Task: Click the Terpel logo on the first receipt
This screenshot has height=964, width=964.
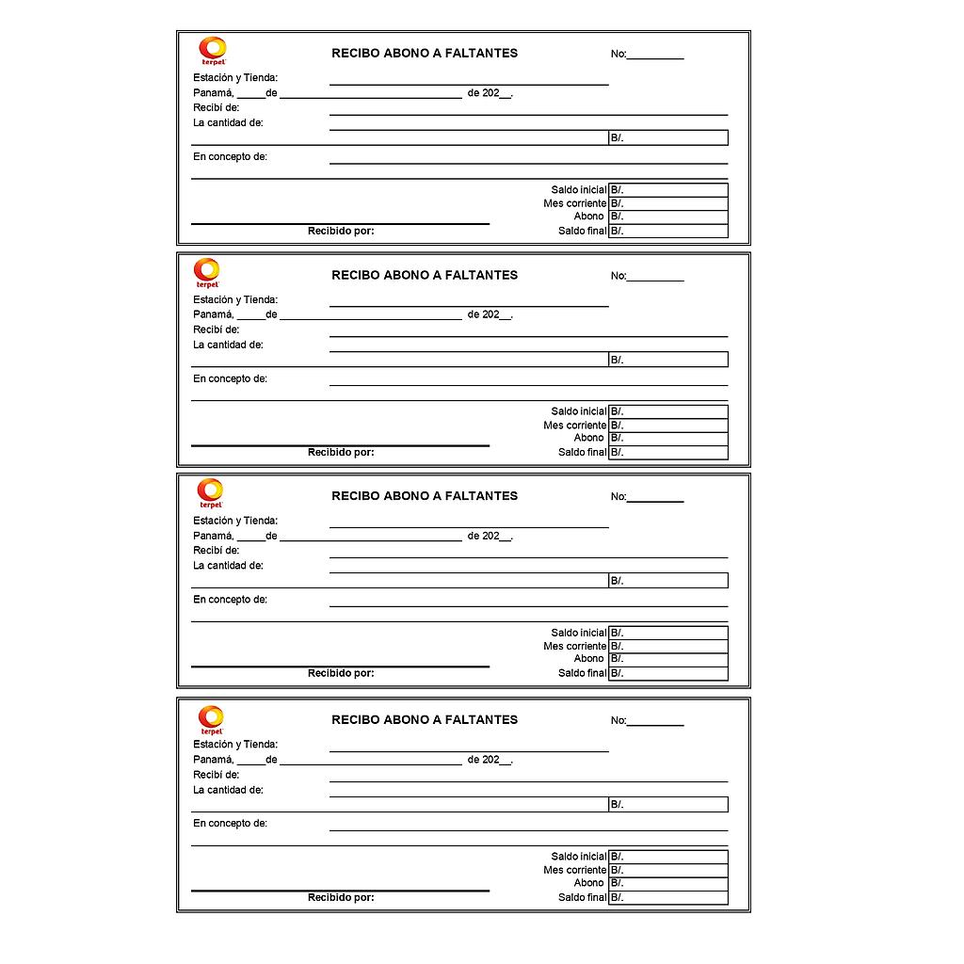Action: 212,50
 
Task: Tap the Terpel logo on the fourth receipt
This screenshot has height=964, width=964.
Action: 212,720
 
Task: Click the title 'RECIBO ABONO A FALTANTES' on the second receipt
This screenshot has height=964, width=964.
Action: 425,275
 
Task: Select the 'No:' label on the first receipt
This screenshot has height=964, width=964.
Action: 619,54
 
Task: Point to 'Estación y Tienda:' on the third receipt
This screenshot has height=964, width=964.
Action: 235,521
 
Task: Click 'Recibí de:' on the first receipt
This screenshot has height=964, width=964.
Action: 217,107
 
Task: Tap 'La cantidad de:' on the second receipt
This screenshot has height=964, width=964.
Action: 228,345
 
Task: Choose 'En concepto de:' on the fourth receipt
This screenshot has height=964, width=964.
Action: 230,823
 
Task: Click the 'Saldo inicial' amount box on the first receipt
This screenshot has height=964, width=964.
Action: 668,190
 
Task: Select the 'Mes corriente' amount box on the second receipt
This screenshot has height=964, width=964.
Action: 668,426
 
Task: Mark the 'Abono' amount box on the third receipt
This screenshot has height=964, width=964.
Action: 668,659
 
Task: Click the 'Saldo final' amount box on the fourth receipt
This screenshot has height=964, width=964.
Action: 668,897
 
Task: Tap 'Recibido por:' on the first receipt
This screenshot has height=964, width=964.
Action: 341,231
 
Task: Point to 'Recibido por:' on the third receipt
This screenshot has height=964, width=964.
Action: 341,673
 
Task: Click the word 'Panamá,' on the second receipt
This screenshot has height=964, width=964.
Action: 214,314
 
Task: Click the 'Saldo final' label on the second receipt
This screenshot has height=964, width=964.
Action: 582,452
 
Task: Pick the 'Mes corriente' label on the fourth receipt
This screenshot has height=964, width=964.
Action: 574,870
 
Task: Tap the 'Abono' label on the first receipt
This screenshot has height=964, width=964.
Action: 588,217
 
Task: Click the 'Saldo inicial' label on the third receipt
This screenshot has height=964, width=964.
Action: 578,633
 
